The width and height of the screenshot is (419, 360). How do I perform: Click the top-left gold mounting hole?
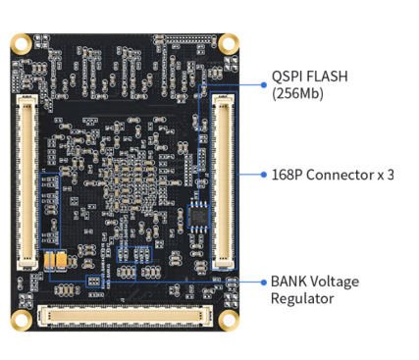[x=22, y=43]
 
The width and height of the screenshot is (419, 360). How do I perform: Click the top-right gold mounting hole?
[x=229, y=43]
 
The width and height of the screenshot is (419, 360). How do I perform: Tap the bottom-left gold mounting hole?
[x=22, y=320]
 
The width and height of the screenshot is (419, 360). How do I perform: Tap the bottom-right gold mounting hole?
[x=229, y=320]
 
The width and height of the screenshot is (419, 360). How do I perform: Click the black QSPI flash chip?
[x=198, y=216]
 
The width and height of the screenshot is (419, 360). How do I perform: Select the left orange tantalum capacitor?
[x=49, y=261]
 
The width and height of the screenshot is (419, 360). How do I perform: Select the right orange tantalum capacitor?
[x=62, y=261]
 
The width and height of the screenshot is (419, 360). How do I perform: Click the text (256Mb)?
[x=297, y=93]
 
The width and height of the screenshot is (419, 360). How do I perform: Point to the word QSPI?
[x=288, y=77]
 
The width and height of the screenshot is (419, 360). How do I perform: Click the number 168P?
[x=288, y=175]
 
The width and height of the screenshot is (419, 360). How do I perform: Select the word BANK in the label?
[x=288, y=282]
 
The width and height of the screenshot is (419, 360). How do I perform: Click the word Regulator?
[x=302, y=299]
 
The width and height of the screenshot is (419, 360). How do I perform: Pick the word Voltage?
[x=335, y=283]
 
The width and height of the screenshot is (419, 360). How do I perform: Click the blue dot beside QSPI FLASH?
[x=264, y=84]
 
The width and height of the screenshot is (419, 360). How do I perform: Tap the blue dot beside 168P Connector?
[x=264, y=175]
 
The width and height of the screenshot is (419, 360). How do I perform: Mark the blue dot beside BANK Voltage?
[x=264, y=282]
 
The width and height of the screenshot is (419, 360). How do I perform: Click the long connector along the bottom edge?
[x=125, y=316]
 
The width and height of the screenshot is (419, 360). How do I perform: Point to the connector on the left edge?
[x=27, y=182]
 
